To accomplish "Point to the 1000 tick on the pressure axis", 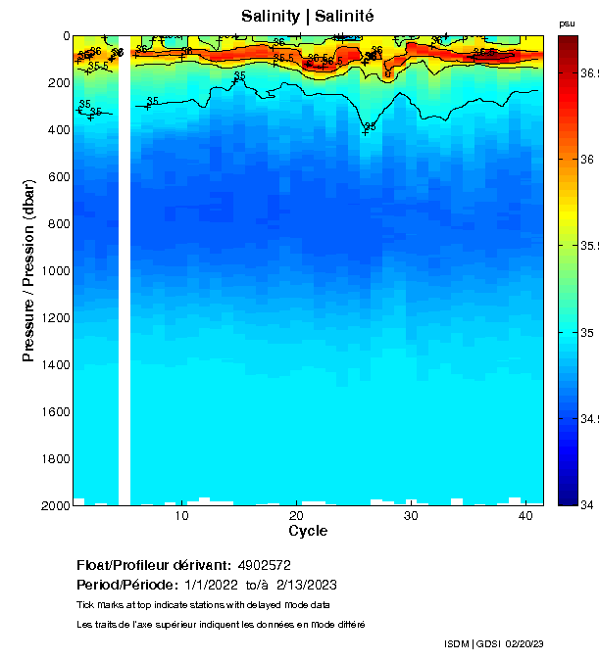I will (x=58, y=271).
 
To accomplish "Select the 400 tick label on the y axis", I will (x=58, y=130).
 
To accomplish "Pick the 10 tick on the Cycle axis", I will (x=181, y=515).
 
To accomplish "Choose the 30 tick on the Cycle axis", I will (x=411, y=515).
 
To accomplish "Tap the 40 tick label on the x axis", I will (x=525, y=515).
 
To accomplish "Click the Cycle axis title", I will (x=308, y=531).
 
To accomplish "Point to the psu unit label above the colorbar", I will (x=567, y=24).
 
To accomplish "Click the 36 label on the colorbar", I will (x=587, y=159).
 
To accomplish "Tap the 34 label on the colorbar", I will (x=587, y=504).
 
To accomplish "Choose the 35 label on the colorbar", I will (x=587, y=333).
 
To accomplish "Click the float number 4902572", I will (x=263, y=565).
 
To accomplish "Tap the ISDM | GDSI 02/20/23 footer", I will (x=493, y=643).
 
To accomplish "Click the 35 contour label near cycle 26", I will (x=370, y=126).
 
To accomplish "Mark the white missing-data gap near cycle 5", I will (x=125, y=274).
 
